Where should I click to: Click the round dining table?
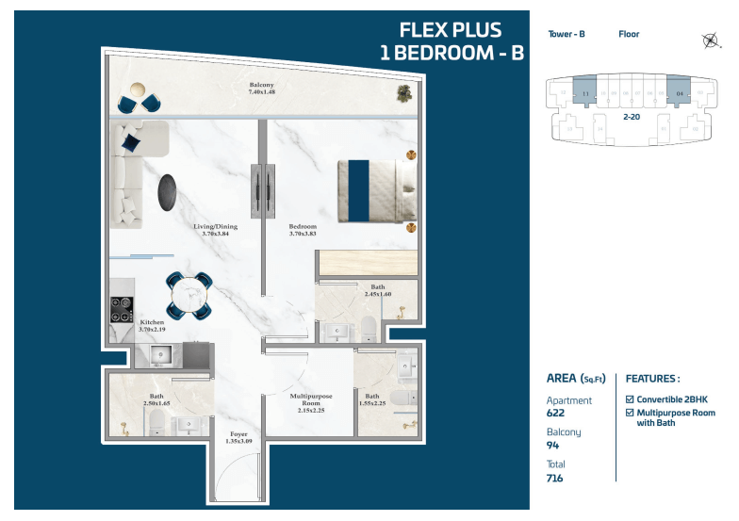pyautogui.click(x=189, y=294)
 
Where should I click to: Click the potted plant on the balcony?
pyautogui.click(x=404, y=92)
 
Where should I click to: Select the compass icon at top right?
pyautogui.click(x=711, y=39)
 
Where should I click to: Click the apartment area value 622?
pyautogui.click(x=556, y=413)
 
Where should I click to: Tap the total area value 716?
pyautogui.click(x=556, y=479)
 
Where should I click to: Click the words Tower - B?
pyautogui.click(x=567, y=34)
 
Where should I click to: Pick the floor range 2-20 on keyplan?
pyautogui.click(x=632, y=117)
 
